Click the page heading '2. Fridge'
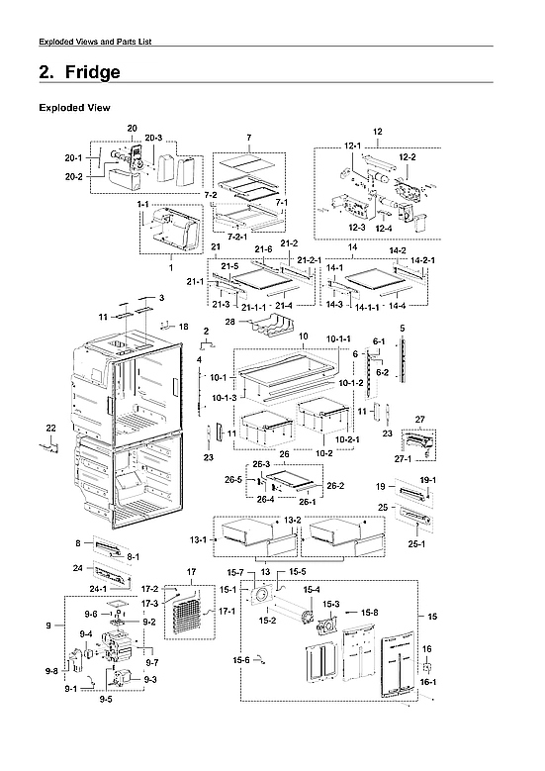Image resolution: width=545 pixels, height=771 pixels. pyautogui.click(x=79, y=73)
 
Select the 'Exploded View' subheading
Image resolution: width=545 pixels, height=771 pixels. pyautogui.click(x=74, y=108)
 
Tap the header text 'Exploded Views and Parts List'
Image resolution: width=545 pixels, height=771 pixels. pyautogui.click(x=94, y=41)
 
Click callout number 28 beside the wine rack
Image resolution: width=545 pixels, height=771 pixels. pyautogui.click(x=228, y=322)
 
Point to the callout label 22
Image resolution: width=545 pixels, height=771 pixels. pyautogui.click(x=51, y=428)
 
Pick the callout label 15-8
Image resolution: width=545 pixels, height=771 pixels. pyautogui.click(x=368, y=613)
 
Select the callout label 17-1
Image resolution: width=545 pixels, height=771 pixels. pyautogui.click(x=226, y=612)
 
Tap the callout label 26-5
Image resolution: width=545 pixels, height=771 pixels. pyautogui.click(x=232, y=479)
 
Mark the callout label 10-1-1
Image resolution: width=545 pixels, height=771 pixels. pyautogui.click(x=339, y=339)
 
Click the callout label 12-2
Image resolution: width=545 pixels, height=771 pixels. pyautogui.click(x=407, y=157)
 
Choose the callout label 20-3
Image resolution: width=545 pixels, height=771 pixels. pyautogui.click(x=152, y=138)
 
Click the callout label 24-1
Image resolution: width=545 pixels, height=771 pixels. pyautogui.click(x=98, y=589)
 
